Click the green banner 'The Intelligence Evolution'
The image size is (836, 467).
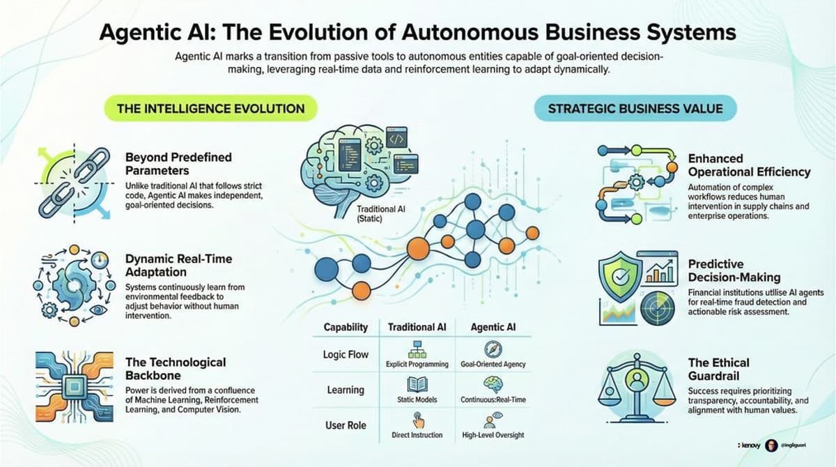click(210, 109)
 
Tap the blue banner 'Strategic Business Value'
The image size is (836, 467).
click(635, 109)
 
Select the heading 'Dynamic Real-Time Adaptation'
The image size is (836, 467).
click(178, 264)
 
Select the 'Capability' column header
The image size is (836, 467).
click(346, 327)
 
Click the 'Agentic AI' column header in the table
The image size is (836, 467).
click(493, 327)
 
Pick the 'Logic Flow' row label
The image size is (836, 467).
click(346, 354)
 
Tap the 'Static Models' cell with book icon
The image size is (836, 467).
click(417, 390)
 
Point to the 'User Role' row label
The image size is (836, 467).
click(346, 424)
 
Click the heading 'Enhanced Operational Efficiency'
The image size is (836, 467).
click(749, 165)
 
